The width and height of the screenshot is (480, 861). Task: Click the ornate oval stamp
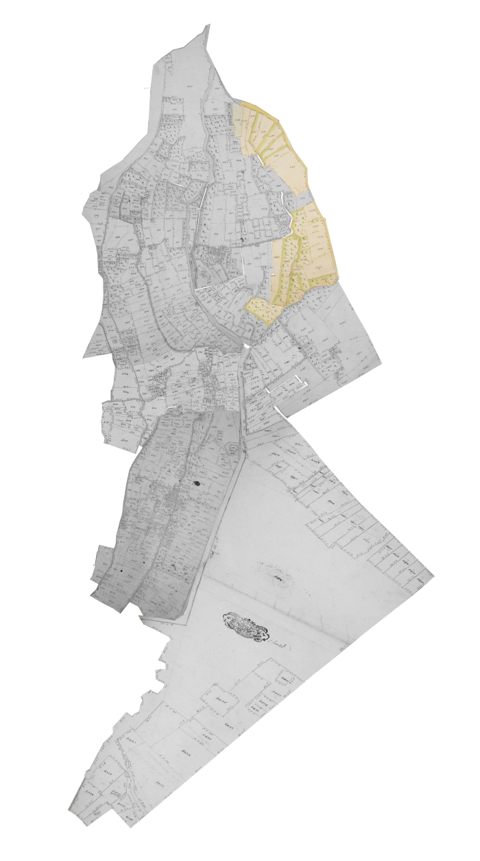tap(243, 625)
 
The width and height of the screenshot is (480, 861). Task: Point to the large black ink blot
tap(197, 483)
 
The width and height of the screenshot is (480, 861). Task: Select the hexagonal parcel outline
tap(235, 449)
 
